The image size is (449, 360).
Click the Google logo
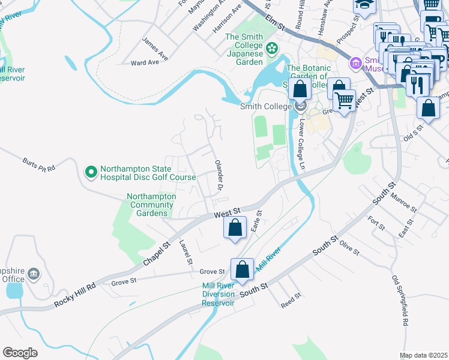pyautogui.click(x=20, y=353)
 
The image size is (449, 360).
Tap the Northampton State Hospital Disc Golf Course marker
pyautogui.click(x=91, y=173)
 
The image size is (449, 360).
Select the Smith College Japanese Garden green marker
pyautogui.click(x=271, y=47)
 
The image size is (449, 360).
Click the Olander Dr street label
pyautogui.click(x=219, y=176)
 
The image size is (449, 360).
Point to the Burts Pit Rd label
pyautogui.click(x=38, y=164)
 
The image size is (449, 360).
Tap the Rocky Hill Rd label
pyautogui.click(x=74, y=295)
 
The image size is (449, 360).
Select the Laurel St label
pyautogui.click(x=185, y=252)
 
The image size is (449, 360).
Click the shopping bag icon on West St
pyautogui.click(x=235, y=227)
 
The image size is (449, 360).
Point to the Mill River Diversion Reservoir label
pyautogui.click(x=218, y=294)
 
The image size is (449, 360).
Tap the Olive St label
pyautogui.click(x=348, y=245)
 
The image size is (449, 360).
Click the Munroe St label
pyautogui.click(x=403, y=203)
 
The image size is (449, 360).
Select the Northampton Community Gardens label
pyautogui.click(x=151, y=205)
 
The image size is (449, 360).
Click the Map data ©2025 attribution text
pyautogui.click(x=423, y=355)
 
